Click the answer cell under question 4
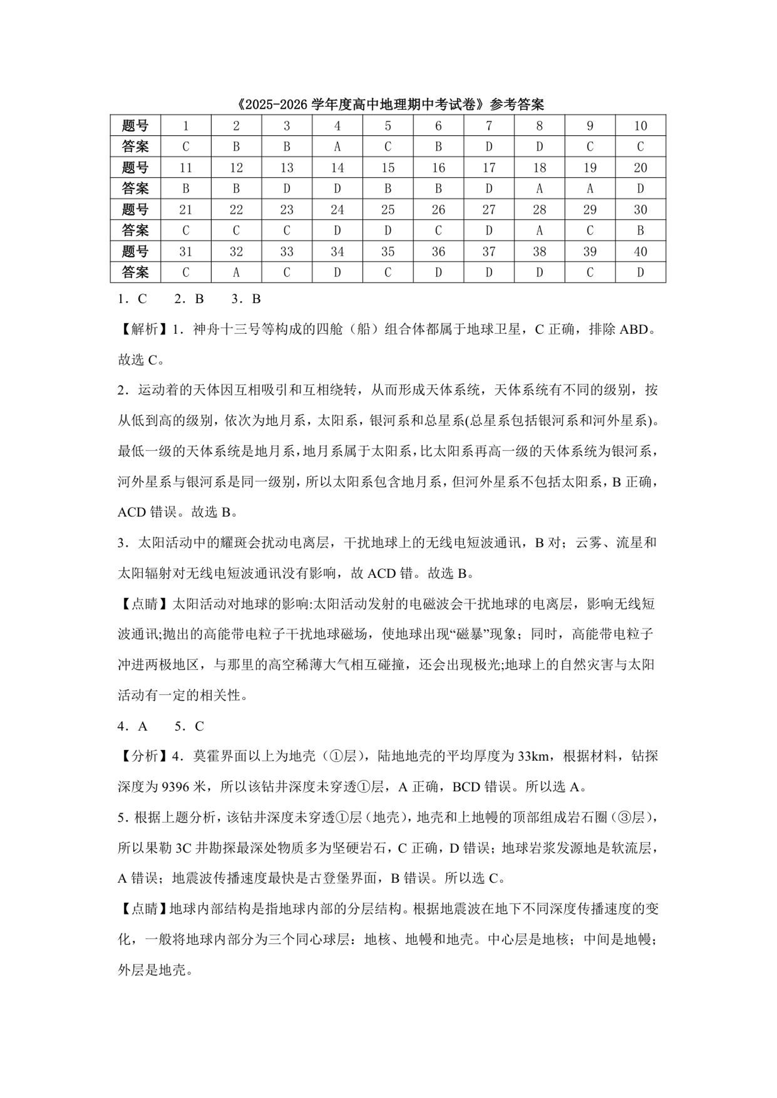337,146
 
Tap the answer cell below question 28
539,230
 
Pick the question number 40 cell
640,252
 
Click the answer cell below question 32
236,273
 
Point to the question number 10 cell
640,126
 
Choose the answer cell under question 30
640,230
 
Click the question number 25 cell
387,209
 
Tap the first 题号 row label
135,126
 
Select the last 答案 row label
135,273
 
